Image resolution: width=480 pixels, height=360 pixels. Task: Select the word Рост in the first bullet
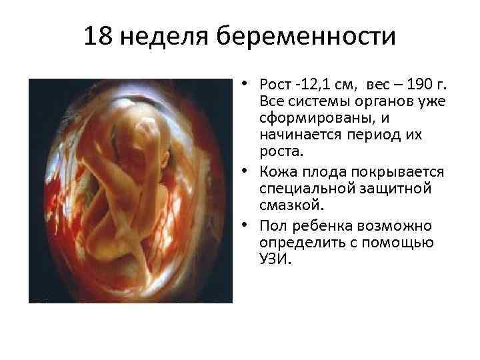tap(276, 86)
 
